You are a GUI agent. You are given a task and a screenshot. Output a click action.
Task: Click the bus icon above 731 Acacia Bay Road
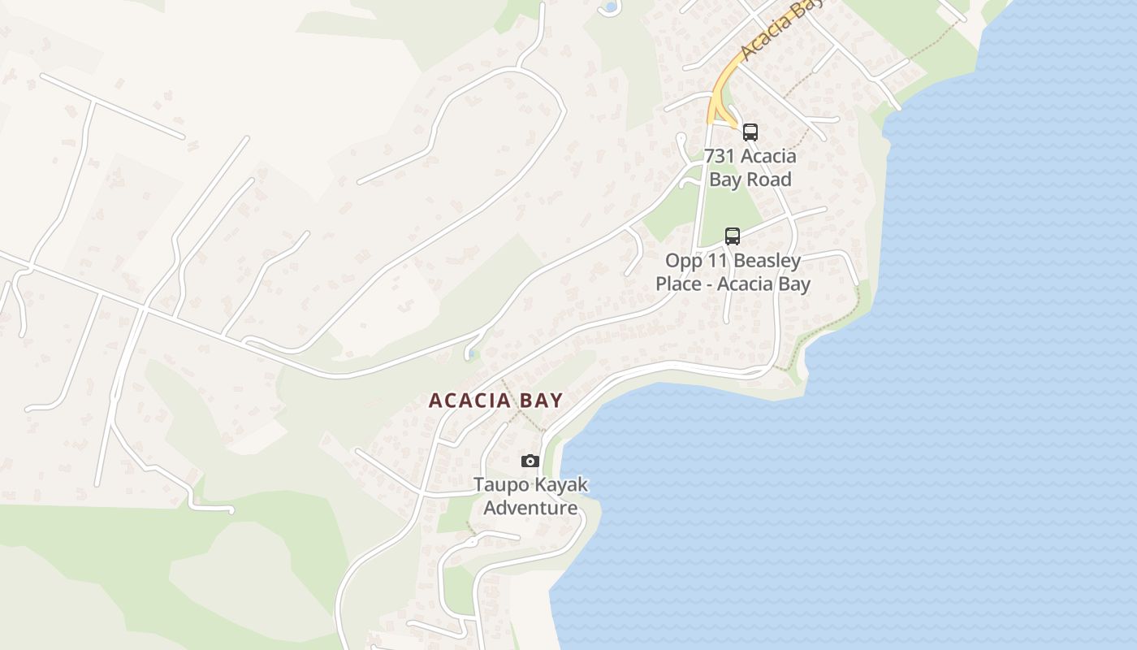pos(750,132)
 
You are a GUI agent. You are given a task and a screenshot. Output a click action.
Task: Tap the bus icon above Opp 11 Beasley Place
pos(733,236)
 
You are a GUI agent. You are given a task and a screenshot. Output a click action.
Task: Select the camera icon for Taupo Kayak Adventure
pos(530,461)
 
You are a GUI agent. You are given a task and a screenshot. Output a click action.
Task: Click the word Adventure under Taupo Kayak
pos(531,509)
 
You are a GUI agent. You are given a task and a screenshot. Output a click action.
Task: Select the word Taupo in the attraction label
pos(499,485)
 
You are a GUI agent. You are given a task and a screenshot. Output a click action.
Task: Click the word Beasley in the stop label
pos(767,261)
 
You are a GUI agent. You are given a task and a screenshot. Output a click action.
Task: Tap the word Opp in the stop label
pos(683,261)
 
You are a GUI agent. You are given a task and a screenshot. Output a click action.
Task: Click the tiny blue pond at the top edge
pos(607,8)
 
